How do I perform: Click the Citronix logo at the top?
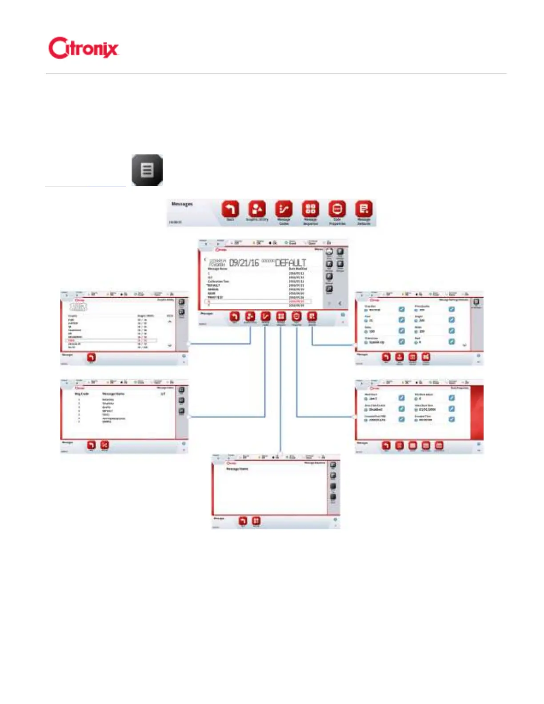click(x=83, y=48)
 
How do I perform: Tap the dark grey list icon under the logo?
click(x=147, y=170)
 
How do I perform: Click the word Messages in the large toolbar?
click(x=182, y=204)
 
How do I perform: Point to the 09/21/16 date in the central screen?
click(x=244, y=263)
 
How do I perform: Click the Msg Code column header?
click(x=82, y=394)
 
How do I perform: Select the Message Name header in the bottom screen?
click(x=237, y=469)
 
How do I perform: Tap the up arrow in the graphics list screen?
click(x=170, y=321)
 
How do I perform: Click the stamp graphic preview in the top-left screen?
click(x=79, y=307)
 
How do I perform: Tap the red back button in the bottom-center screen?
click(x=243, y=520)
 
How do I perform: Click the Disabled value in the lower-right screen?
click(x=376, y=409)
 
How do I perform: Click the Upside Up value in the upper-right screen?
click(x=376, y=342)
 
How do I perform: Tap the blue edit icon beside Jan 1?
click(x=401, y=398)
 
